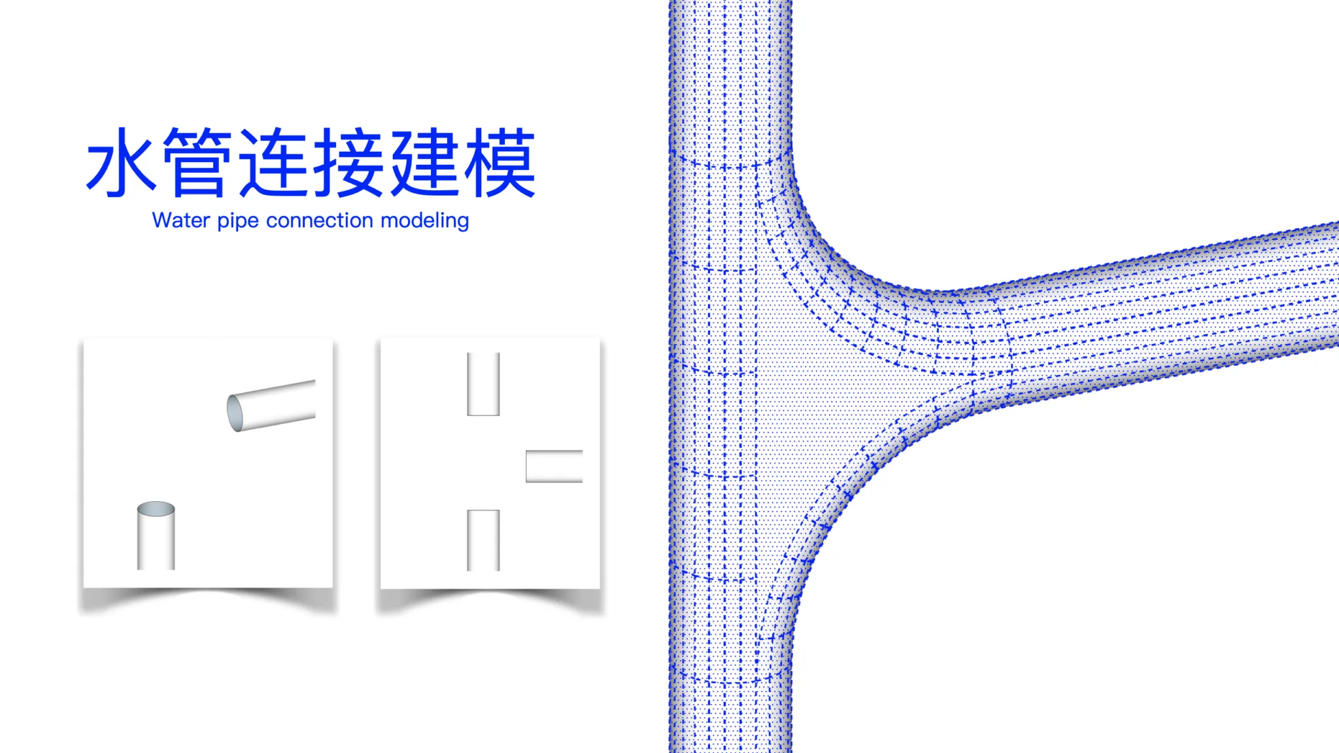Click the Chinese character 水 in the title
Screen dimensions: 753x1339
click(x=122, y=162)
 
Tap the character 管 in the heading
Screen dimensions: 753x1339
click(x=197, y=162)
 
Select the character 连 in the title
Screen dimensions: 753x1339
click(x=273, y=162)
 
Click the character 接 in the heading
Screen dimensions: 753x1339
click(x=348, y=162)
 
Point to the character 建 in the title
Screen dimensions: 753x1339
click(x=424, y=162)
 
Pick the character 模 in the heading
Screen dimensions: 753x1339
click(x=500, y=162)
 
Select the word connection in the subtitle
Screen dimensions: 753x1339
click(x=320, y=220)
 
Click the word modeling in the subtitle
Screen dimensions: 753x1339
click(x=425, y=221)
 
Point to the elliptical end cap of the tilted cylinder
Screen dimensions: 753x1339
click(x=235, y=413)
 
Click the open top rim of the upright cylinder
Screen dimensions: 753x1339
click(x=156, y=509)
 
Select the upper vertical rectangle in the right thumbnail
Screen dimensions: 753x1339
click(x=483, y=384)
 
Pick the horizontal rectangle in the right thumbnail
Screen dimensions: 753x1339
click(x=554, y=466)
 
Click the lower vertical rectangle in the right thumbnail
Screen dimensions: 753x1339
click(x=483, y=540)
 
